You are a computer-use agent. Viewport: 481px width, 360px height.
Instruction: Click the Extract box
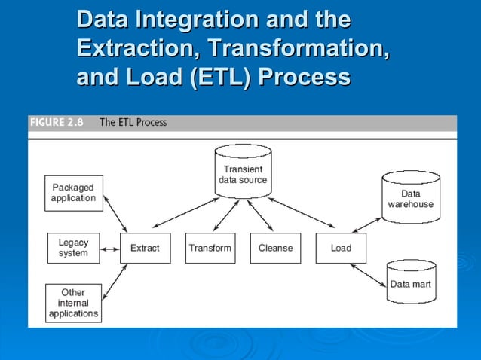145,248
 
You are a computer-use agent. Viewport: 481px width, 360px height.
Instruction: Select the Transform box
210,248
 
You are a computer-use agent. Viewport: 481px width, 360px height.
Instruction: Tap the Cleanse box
275,248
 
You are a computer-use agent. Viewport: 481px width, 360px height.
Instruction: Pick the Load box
341,248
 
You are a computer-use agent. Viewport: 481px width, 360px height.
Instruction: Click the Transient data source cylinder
243,174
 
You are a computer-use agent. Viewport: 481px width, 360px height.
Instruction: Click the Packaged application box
73,193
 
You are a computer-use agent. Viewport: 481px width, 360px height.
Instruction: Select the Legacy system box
73,248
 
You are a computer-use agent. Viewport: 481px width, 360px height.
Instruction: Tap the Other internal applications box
73,302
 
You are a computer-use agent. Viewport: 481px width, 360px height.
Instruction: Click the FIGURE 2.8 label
57,122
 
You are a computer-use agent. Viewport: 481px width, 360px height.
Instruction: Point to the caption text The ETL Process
133,122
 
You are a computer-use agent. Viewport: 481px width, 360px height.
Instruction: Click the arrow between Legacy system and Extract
110,248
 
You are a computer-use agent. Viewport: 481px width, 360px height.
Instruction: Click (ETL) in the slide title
217,76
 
